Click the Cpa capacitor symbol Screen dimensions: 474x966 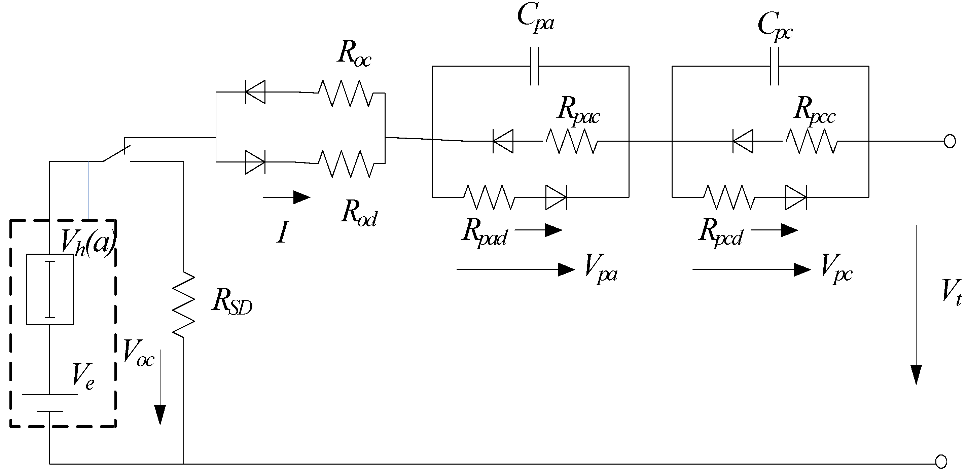[535, 66]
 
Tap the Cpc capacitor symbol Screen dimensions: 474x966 [774, 66]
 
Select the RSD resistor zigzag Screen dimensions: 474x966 [184, 304]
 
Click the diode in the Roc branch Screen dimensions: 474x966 [255, 92]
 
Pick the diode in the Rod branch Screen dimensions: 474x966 [255, 162]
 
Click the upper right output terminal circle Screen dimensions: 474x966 [950, 141]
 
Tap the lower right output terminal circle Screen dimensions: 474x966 [941, 462]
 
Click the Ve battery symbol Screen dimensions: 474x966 [50, 403]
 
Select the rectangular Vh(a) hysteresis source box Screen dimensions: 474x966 [50, 289]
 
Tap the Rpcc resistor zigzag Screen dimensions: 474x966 [812, 141]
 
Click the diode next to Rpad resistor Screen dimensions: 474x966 [556, 197]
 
